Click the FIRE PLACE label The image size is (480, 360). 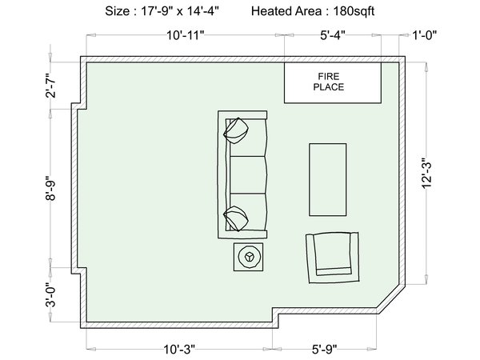point(329,82)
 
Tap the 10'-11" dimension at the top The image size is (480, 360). point(186,35)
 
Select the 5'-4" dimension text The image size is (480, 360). point(333,35)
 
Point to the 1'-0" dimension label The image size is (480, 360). point(425,35)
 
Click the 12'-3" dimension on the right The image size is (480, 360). point(426,174)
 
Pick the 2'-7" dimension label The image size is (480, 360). point(51,85)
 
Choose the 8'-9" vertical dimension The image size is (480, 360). point(51,188)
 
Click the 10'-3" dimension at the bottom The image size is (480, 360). point(179,349)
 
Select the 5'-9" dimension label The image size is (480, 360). point(325,349)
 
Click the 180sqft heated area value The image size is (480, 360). point(354,11)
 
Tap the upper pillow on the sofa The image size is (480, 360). point(236,130)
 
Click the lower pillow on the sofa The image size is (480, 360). point(236,218)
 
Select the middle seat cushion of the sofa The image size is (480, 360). point(247,174)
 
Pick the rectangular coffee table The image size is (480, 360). point(328,180)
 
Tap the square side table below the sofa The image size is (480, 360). point(248,257)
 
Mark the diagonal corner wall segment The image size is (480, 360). point(391,298)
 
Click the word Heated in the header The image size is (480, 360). point(271,11)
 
